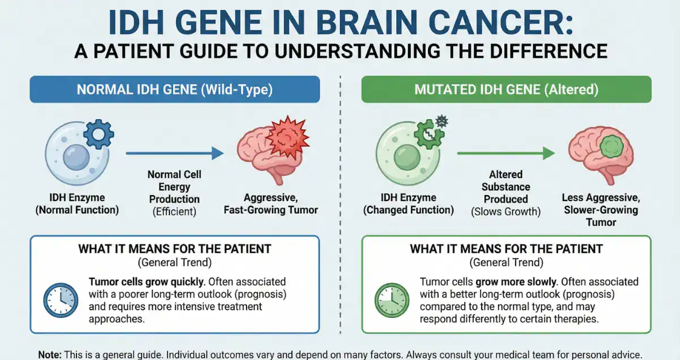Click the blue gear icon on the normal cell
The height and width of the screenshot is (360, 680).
coord(98,134)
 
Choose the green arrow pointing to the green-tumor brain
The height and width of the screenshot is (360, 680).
coord(505,153)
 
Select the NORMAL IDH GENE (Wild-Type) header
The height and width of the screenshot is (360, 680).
coord(175,90)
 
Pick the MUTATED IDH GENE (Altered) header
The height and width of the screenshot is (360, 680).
coord(506,90)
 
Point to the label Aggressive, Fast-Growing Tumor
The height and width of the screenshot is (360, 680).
coord(280,204)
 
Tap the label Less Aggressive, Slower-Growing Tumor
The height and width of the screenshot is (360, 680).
coord(600,210)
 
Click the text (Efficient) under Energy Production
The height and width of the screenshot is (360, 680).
coord(174,211)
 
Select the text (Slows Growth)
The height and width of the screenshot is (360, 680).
coord(505,211)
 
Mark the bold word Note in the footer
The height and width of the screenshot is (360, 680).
coord(49,354)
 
